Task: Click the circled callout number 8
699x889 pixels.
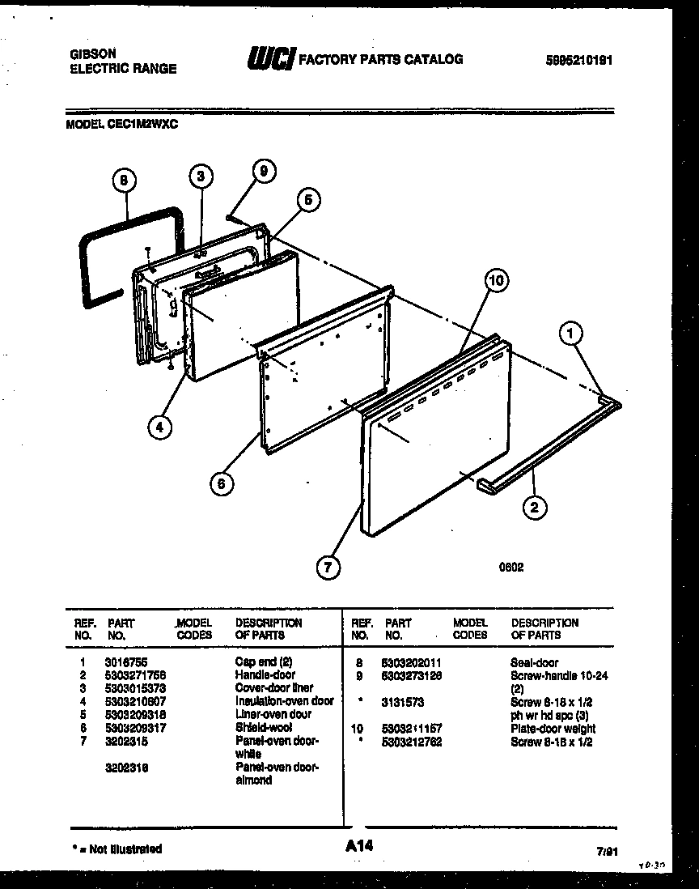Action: (123, 182)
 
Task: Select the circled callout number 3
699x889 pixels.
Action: (203, 176)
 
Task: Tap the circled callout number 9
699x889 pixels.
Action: (262, 171)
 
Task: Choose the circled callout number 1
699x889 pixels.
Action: (572, 331)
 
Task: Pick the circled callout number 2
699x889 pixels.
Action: (534, 508)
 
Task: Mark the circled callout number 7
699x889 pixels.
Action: (328, 567)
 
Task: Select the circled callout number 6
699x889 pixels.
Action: (220, 483)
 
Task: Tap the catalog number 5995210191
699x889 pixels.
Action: (579, 60)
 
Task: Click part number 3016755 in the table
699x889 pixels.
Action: (126, 661)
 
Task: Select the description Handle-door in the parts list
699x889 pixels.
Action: (265, 674)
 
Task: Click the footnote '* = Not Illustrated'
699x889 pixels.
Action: (116, 849)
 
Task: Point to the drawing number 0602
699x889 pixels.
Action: (510, 567)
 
